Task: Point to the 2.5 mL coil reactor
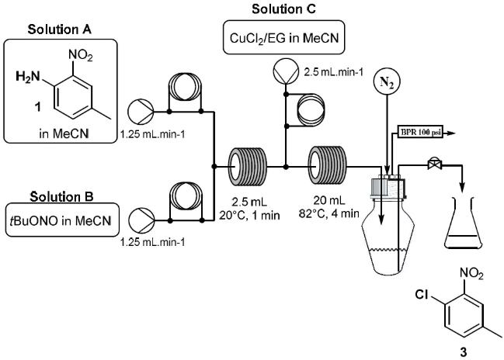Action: pos(247,164)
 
